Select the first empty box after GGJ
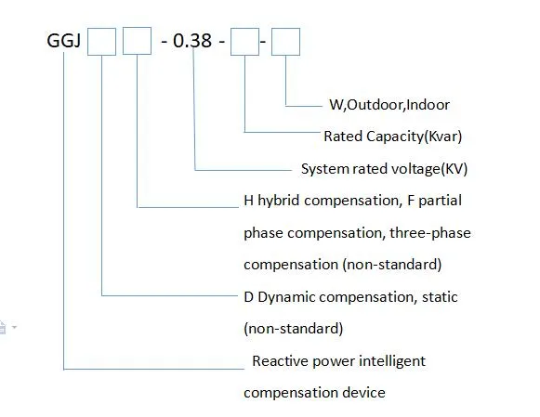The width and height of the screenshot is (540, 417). click(101, 42)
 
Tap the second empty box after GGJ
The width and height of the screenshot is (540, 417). click(137, 42)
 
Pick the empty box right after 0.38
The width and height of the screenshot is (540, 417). click(245, 42)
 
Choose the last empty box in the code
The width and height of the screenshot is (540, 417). click(285, 42)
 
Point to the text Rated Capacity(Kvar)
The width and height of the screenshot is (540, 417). click(392, 137)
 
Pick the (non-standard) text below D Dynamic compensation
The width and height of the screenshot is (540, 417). click(293, 329)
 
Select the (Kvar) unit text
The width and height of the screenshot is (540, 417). click(441, 137)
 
